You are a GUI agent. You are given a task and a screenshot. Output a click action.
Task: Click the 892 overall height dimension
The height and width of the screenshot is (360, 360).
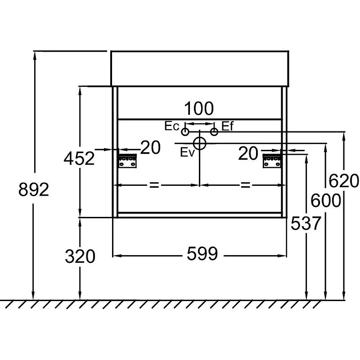coord(34,189)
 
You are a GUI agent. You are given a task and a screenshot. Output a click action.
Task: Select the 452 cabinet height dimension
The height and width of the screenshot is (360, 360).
coord(79,158)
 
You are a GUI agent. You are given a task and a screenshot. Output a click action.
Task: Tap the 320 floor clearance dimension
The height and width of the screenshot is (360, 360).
coord(80,256)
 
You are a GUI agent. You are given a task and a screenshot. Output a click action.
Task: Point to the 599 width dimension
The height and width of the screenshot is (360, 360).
coord(202,254)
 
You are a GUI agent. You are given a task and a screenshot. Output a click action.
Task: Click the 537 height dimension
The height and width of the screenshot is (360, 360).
coord(306,223)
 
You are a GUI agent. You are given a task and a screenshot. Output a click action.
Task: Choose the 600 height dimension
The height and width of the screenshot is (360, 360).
coord(325,200)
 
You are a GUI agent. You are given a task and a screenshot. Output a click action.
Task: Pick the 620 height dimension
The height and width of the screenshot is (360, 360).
coord(344,181)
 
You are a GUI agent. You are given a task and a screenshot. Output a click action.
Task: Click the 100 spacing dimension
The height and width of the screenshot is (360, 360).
coord(199,108)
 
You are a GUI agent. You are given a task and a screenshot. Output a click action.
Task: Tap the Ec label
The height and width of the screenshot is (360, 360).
coord(172,126)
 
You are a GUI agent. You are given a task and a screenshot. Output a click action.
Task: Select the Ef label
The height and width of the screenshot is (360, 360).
coord(227,126)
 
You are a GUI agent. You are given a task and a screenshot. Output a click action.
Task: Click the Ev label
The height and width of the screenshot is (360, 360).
coord(187,152)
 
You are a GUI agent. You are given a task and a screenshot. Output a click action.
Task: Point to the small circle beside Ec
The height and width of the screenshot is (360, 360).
coord(185,132)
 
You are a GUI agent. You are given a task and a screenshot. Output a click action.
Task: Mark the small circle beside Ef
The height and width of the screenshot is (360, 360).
coord(214,132)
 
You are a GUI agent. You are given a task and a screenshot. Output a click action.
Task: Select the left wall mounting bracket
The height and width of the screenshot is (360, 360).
coord(127,161)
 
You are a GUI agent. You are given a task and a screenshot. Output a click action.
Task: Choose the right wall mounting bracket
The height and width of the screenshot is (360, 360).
coord(272,161)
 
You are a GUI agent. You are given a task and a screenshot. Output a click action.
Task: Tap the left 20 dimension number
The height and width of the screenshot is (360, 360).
coord(151,148)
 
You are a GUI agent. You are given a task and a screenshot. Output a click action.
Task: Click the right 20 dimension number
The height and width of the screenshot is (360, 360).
coord(248,153)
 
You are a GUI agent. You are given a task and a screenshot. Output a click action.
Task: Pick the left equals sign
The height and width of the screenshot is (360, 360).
coord(154,185)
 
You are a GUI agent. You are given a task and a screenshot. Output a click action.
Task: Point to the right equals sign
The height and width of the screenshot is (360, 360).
coord(245,185)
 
